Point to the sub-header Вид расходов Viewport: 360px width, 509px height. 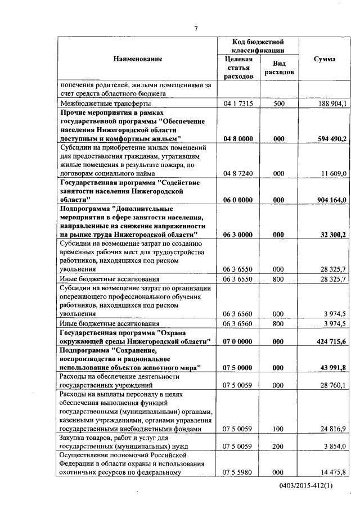(279, 68)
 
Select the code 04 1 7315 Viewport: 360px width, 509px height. (238, 104)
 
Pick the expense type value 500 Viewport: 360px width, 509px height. (278, 104)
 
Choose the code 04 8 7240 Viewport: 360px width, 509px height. (238, 174)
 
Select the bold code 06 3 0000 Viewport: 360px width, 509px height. (238, 234)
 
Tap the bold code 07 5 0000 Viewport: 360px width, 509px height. (238, 367)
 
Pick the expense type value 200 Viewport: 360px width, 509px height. (278, 446)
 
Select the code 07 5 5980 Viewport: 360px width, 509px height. (238, 472)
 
